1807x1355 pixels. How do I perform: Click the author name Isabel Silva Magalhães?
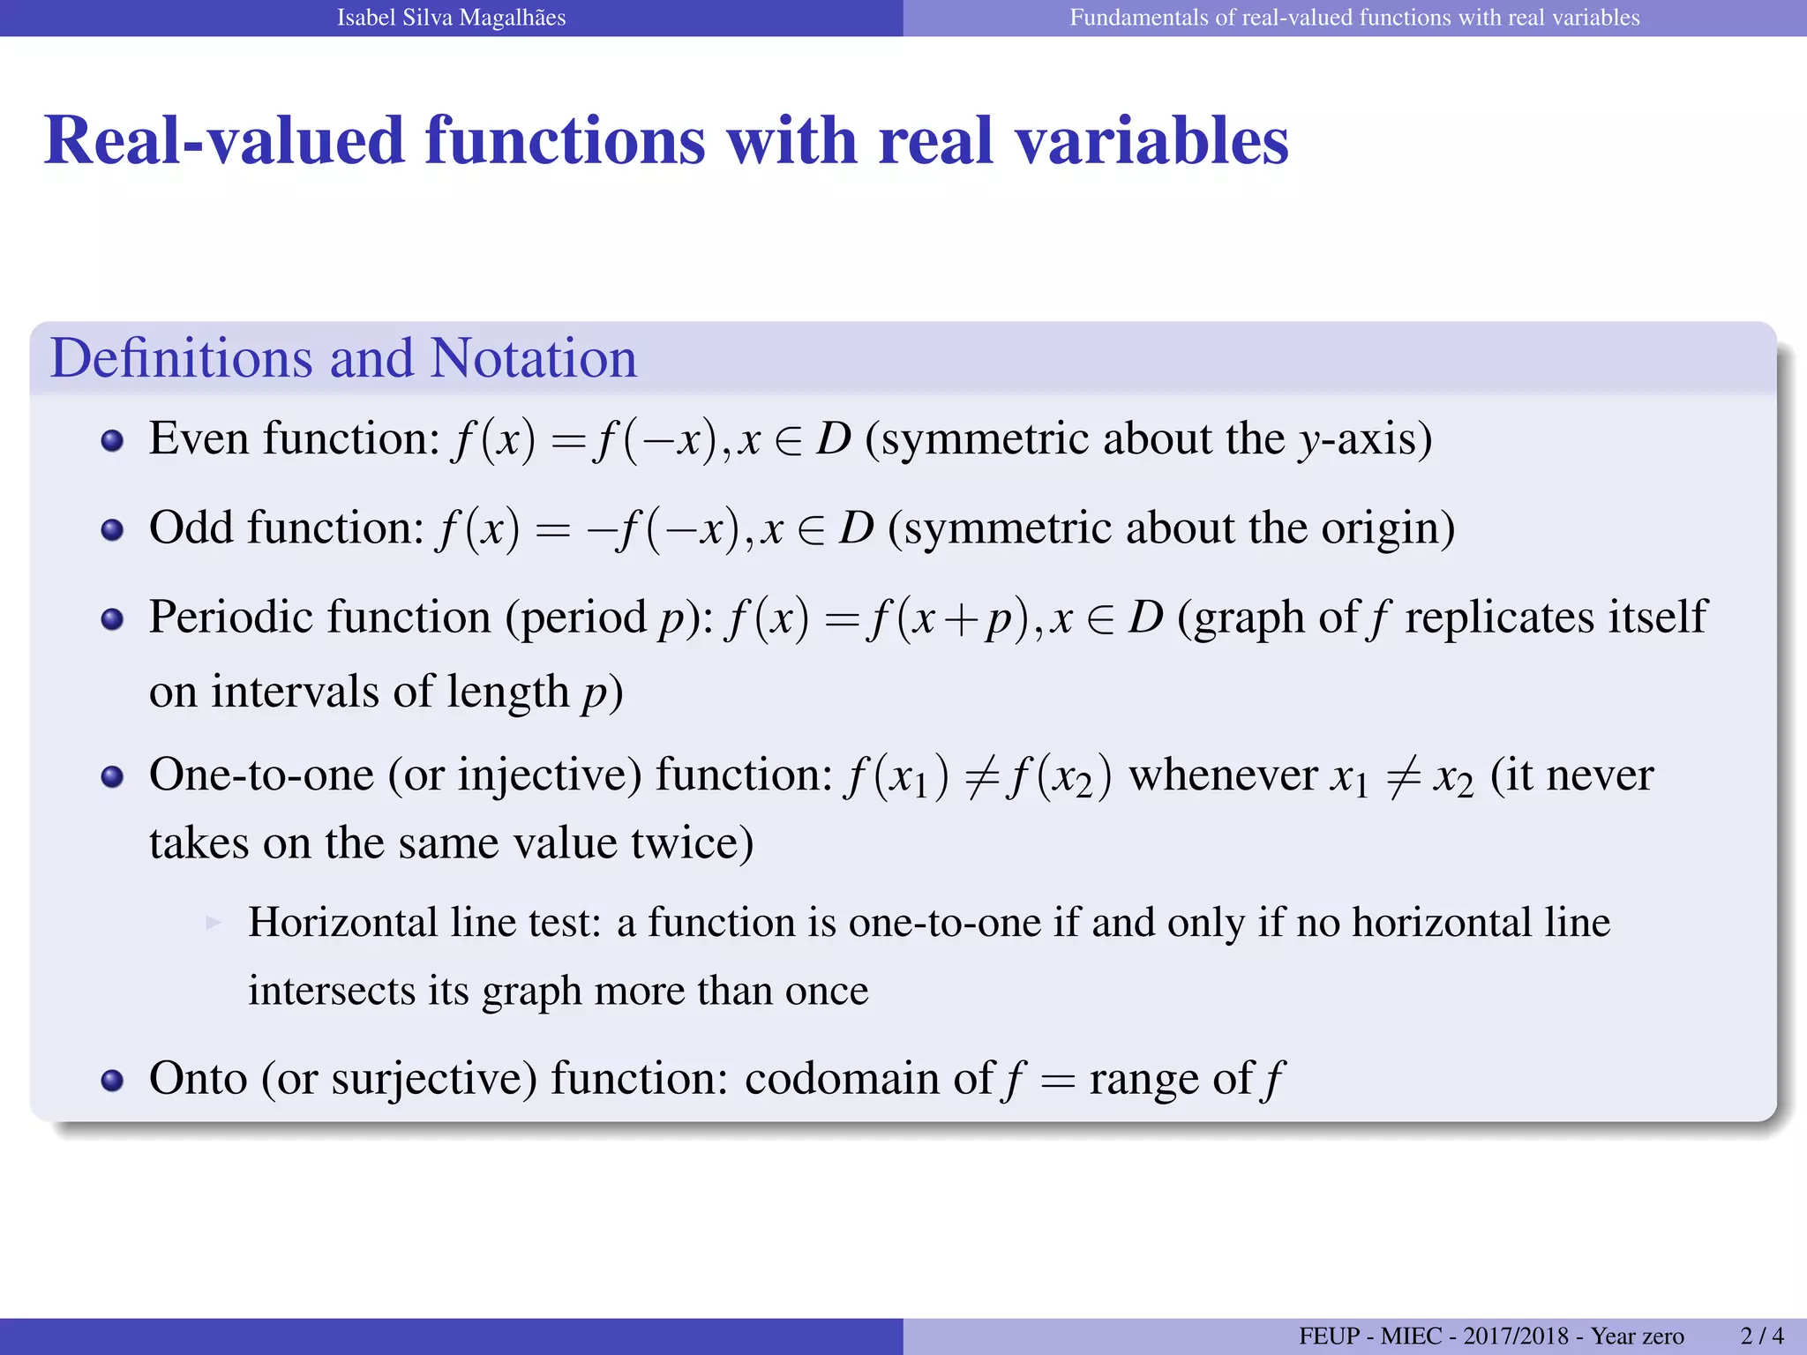451,18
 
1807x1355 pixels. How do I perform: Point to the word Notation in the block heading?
533,358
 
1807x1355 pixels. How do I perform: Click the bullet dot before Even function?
112,440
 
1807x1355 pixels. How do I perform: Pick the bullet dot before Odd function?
112,529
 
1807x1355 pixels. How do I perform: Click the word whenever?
1223,775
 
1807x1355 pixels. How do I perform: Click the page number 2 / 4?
1762,1336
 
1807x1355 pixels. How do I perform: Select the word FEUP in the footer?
1330,1336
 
